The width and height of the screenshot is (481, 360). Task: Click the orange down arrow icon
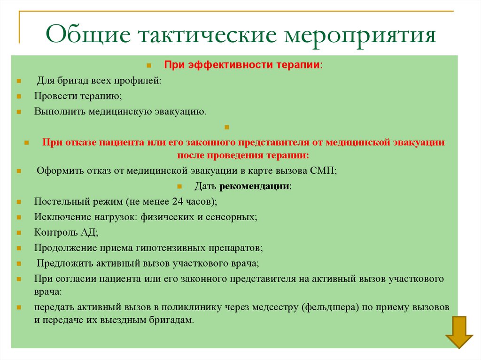coord(459,332)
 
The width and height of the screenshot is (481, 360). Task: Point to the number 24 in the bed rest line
coord(178,201)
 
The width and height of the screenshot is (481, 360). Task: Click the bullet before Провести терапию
coord(18,97)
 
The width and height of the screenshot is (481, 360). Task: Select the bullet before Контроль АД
coord(18,232)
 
